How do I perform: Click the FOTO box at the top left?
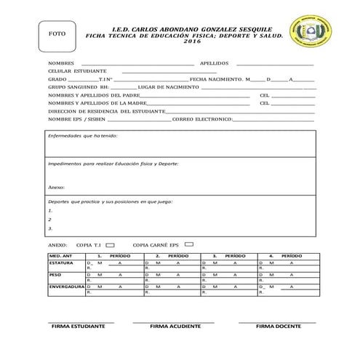pos(56,35)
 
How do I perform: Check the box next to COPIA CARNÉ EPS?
pos(189,245)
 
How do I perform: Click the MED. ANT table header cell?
pos(60,256)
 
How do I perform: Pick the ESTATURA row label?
pos(62,263)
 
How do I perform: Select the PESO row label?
pos(55,275)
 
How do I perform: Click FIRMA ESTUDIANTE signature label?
pos(78,327)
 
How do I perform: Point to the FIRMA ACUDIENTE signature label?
pos(175,327)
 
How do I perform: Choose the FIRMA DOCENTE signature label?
pos(278,327)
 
